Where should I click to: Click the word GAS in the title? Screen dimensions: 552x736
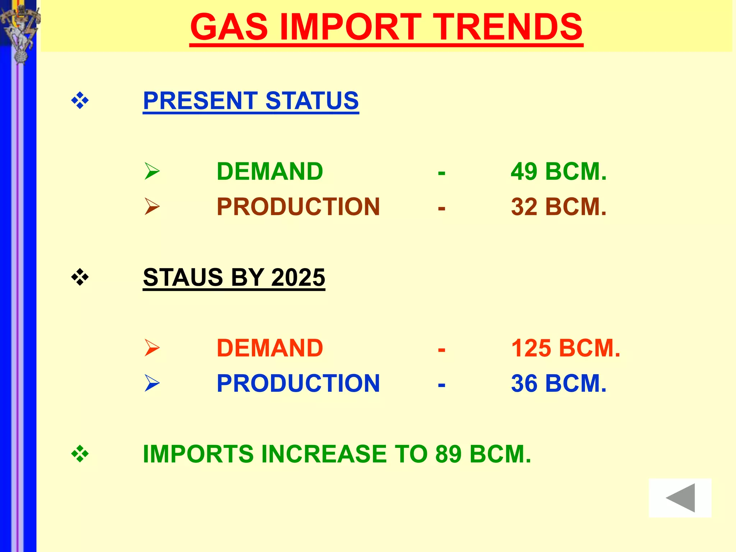coord(229,27)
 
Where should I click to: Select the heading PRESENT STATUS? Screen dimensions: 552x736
coord(251,101)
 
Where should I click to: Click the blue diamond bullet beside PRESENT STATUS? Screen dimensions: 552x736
coord(80,101)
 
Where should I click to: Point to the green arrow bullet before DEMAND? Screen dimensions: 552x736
coord(152,171)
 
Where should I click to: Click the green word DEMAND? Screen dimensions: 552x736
coord(270,171)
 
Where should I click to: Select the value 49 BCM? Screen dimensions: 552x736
coord(558,171)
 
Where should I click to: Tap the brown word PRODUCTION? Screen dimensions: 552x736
coord(298,207)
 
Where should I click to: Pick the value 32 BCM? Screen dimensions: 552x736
coord(558,207)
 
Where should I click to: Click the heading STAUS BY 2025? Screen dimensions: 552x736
coord(234,277)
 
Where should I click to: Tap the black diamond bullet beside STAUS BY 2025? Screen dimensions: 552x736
coord(80,277)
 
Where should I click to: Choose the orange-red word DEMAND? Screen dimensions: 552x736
coord(270,348)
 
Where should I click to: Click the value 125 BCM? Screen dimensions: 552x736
coord(566,348)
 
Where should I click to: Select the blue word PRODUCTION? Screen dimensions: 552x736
coord(298,383)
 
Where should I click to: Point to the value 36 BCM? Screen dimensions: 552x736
coord(558,383)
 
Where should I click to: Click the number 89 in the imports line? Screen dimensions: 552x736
coord(448,454)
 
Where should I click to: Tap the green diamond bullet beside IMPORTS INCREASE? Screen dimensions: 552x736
coord(80,454)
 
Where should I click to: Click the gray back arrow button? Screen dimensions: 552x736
coord(680,498)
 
